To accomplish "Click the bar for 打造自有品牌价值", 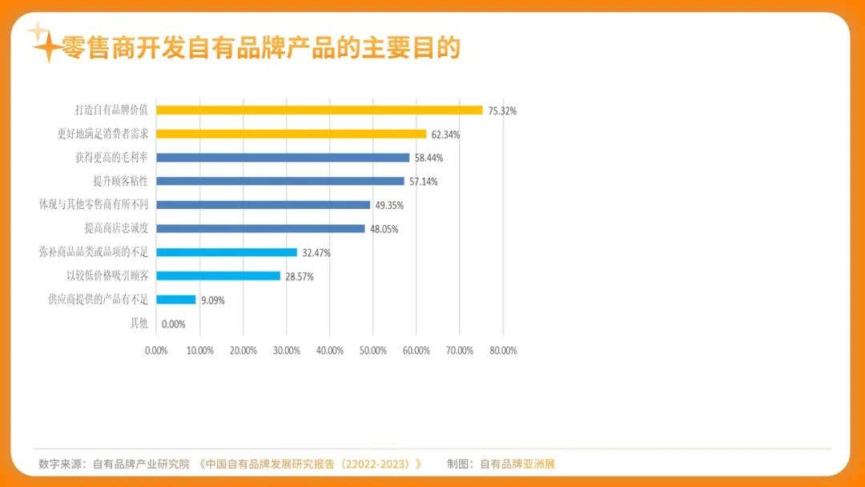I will pyautogui.click(x=319, y=111).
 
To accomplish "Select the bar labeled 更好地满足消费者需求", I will pyautogui.click(x=291, y=134).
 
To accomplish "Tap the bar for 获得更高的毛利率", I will pyautogui.click(x=282, y=158).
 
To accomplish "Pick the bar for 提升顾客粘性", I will pyautogui.click(x=280, y=181).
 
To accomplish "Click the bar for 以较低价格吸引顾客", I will pyautogui.click(x=218, y=276).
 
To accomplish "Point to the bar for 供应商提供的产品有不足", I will pyautogui.click(x=175, y=300).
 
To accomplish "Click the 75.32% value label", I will pyautogui.click(x=502, y=111).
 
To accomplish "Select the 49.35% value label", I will pyautogui.click(x=389, y=205).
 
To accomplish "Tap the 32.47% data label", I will pyautogui.click(x=316, y=252).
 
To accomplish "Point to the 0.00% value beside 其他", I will pyautogui.click(x=173, y=324).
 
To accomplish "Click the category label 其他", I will pyautogui.click(x=139, y=323).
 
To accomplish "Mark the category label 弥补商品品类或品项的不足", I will pyautogui.click(x=94, y=252).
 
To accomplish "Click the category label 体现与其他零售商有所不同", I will pyautogui.click(x=94, y=204).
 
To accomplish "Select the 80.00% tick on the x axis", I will pyautogui.click(x=503, y=351).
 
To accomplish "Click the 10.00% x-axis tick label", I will pyautogui.click(x=199, y=351).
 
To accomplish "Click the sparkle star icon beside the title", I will pyautogui.click(x=43, y=44).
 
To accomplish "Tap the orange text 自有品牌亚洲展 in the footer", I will pyautogui.click(x=517, y=464).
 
